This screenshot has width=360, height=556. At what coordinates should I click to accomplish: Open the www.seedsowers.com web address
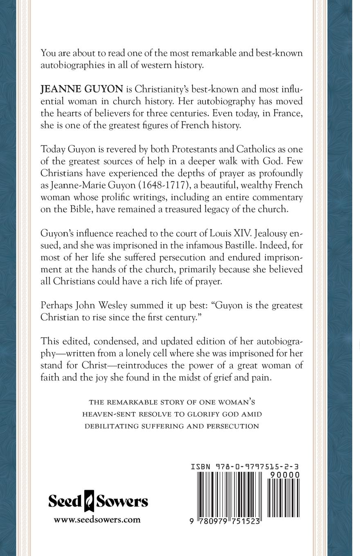click(97, 520)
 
